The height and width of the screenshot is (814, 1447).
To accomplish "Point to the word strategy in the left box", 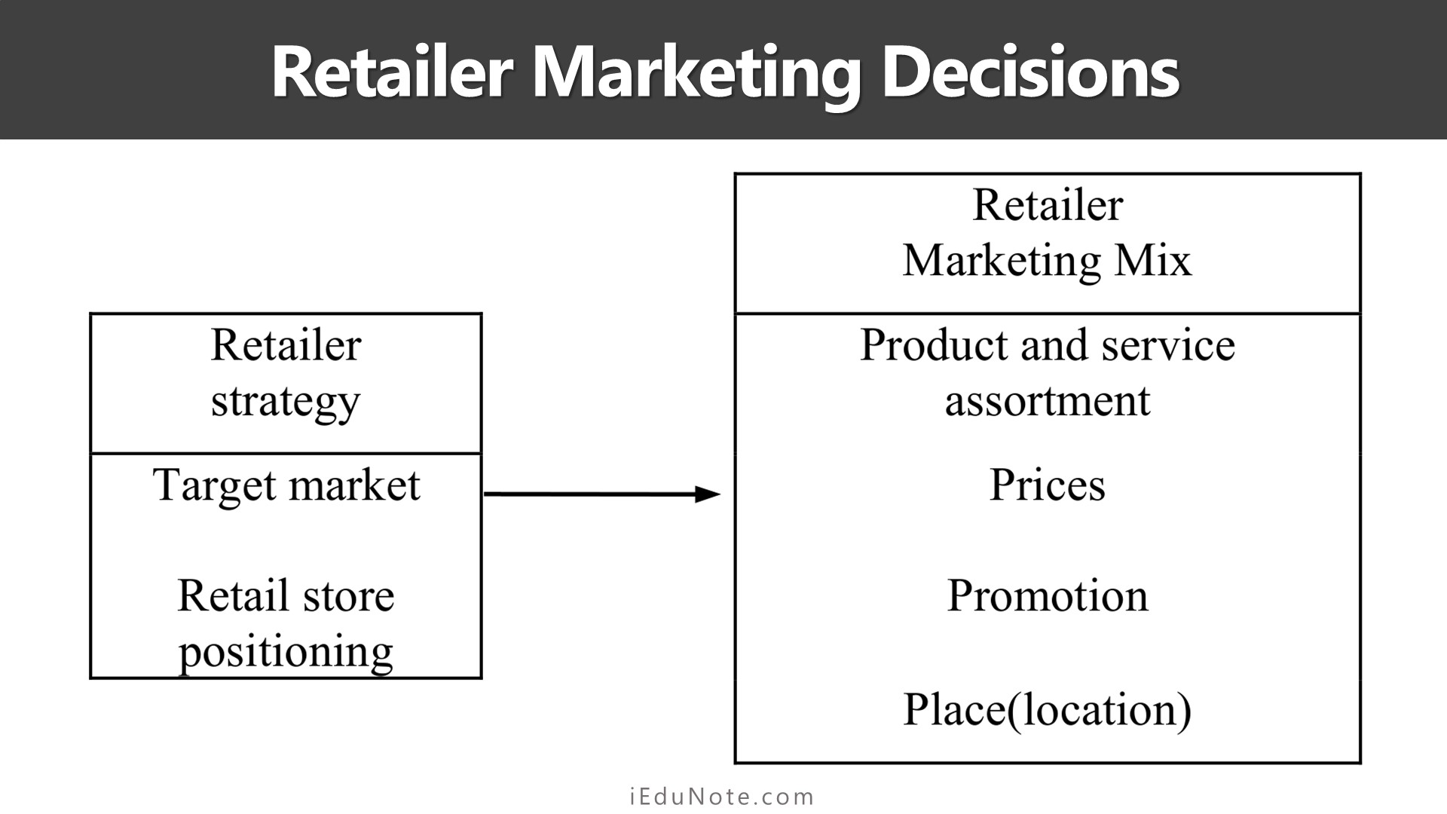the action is (286, 402).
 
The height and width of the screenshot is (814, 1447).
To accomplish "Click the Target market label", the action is (286, 485).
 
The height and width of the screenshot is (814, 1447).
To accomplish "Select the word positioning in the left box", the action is (286, 653).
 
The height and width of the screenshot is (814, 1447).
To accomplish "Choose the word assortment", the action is (1048, 401).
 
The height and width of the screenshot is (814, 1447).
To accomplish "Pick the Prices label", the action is (1048, 485).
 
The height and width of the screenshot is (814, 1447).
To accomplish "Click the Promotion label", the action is (1048, 596).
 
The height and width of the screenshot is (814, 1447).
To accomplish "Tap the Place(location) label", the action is (1048, 710).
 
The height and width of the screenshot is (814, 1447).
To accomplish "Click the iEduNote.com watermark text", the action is (722, 797).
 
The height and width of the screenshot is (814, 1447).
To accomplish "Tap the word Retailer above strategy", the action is (286, 346).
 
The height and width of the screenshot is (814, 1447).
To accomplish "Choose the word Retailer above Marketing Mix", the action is (1048, 205).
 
